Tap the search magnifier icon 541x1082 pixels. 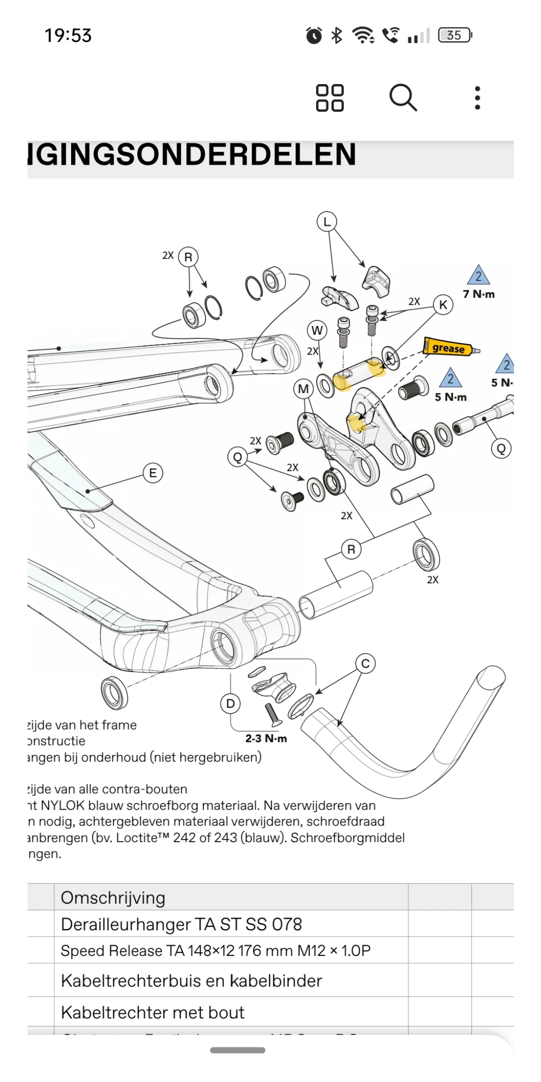403,98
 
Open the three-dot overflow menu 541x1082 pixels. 477,98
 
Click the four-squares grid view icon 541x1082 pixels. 330,98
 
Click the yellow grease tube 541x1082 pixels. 449,347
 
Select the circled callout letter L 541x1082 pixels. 327,221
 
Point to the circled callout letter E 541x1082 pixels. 153,473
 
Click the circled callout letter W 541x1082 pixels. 317,330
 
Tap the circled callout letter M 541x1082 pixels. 304,389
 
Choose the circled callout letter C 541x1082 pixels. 365,663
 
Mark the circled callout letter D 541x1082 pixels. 230,703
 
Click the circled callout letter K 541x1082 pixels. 443,304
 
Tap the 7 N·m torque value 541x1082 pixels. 478,294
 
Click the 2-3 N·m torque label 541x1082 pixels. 266,739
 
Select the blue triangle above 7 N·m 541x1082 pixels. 478,275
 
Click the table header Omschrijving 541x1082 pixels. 113,898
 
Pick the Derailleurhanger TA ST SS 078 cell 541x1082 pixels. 181,924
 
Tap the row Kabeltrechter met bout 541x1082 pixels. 153,1012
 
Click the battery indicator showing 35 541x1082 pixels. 455,35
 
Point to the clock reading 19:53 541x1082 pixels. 68,36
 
